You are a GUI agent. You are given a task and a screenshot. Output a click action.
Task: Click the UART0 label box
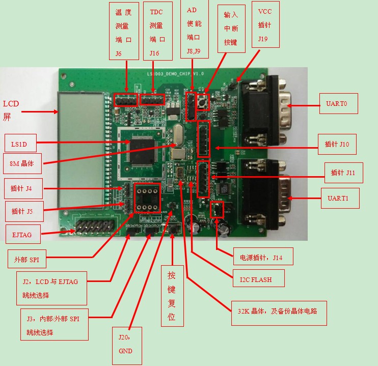point(338,103)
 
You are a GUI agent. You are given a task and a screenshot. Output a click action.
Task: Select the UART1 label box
point(340,199)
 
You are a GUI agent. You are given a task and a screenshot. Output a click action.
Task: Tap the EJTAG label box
point(22,235)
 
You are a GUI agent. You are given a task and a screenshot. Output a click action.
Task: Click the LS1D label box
point(20,145)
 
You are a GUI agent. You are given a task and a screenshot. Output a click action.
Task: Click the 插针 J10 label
point(337,145)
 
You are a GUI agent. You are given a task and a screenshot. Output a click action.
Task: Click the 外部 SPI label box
point(26,259)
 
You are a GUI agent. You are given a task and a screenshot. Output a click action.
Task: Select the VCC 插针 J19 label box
point(265,24)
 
